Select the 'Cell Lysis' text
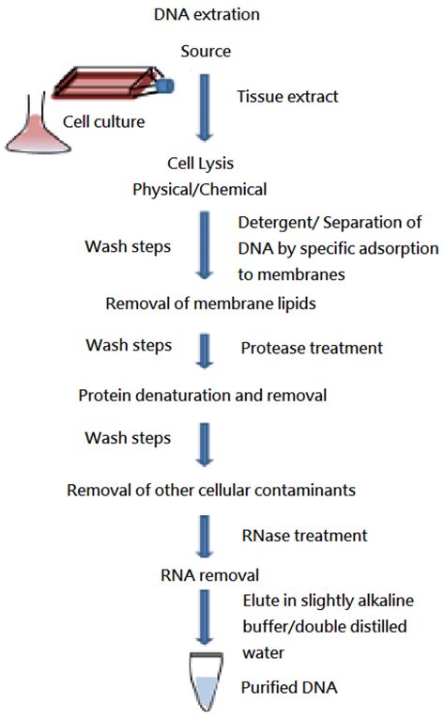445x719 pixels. coord(200,163)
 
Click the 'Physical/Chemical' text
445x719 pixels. coord(200,188)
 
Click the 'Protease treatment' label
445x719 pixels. coord(312,348)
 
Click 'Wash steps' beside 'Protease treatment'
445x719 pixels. coord(128,345)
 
